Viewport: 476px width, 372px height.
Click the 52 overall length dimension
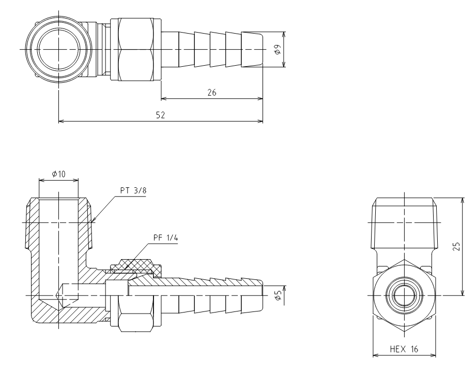coord(160,115)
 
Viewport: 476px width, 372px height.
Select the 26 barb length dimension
coord(212,93)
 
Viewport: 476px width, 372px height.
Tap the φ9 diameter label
coord(277,49)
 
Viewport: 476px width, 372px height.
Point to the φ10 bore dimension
coord(58,174)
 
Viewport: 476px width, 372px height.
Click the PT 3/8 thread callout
coord(133,190)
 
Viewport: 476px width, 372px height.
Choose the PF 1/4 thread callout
coord(166,237)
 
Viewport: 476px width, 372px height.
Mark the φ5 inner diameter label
coord(277,295)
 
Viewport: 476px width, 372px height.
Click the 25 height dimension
coord(456,246)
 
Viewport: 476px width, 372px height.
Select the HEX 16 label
coord(404,349)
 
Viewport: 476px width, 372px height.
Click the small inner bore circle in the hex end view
coord(404,295)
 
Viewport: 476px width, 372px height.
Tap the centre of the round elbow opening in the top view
coord(58,49)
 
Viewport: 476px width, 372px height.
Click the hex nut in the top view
coord(135,49)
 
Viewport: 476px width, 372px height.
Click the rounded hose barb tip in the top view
coord(252,49)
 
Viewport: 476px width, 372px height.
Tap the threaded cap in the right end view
coord(404,224)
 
